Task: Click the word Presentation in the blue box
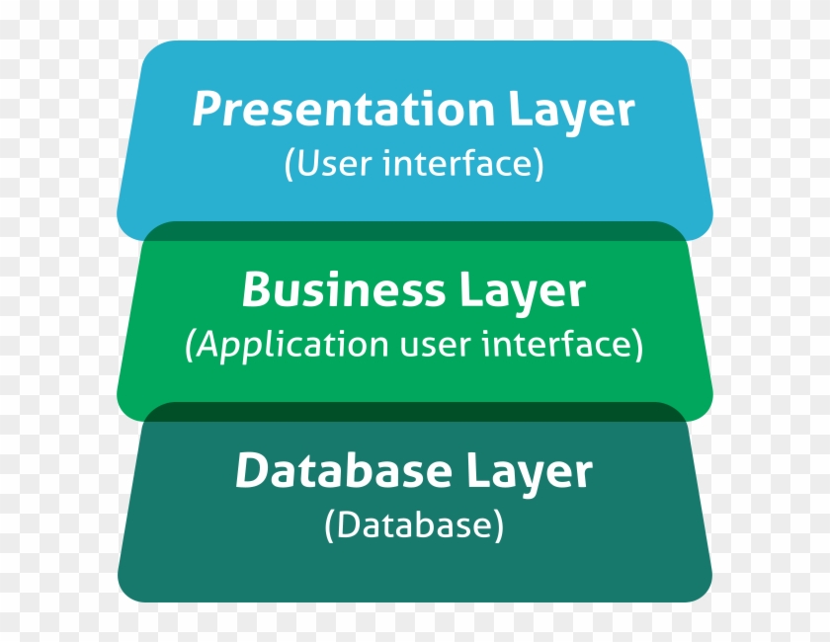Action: coord(343,109)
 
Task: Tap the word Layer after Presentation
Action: coord(572,113)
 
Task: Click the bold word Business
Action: coord(343,289)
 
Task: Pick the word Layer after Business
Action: coord(522,292)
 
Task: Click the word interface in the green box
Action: coord(554,344)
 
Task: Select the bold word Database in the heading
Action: coord(343,470)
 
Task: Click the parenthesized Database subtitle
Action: coord(414,525)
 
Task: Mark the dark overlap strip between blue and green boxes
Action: coord(415,231)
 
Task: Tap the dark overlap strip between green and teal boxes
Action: coord(415,412)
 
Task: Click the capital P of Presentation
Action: coord(207,108)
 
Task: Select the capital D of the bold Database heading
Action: coord(252,470)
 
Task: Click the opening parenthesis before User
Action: coord(289,165)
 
